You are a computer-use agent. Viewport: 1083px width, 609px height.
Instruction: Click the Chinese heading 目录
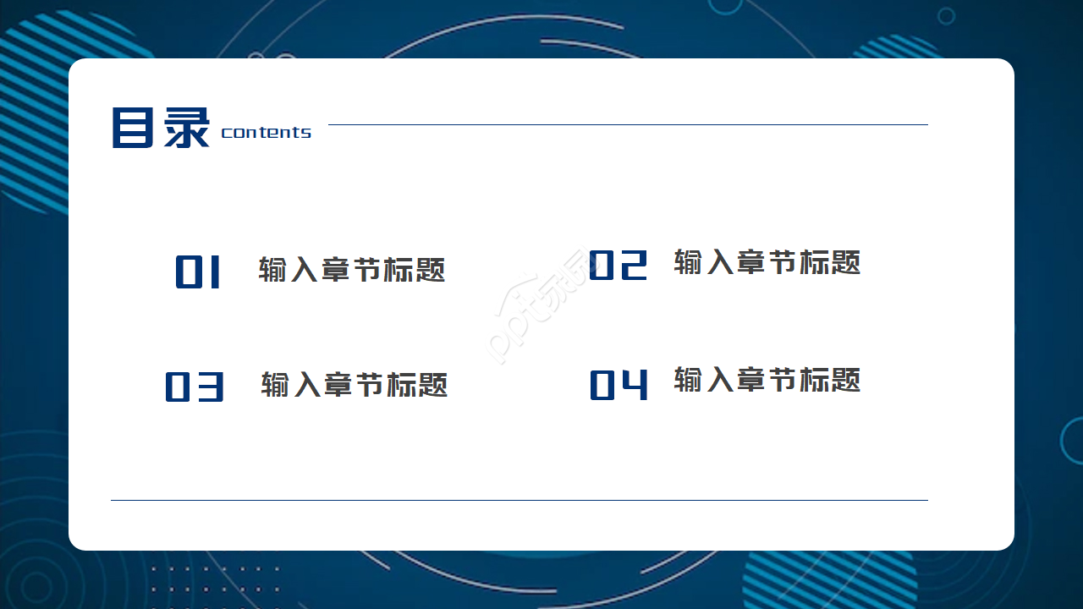click(x=161, y=128)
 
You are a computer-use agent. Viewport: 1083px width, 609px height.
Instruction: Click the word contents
click(x=266, y=133)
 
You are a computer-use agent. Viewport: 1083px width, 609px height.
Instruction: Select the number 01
click(x=198, y=272)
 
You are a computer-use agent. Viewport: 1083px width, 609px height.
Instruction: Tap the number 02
click(x=618, y=265)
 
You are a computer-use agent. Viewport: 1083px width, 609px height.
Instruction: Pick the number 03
click(x=195, y=387)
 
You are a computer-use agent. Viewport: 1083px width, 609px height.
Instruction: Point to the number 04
click(x=618, y=385)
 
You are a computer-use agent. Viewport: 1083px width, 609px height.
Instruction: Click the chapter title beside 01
click(x=351, y=270)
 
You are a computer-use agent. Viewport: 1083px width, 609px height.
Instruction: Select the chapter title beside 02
click(x=767, y=262)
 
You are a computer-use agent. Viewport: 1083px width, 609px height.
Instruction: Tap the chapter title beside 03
click(x=355, y=385)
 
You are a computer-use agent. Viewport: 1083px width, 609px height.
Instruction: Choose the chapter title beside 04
click(x=767, y=380)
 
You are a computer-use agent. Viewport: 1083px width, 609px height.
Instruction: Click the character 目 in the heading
click(x=133, y=128)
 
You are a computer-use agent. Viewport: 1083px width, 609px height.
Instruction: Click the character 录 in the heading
click(x=187, y=128)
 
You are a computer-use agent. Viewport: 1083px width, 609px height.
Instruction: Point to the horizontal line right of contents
click(x=628, y=124)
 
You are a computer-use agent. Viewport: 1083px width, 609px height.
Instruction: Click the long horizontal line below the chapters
click(x=520, y=500)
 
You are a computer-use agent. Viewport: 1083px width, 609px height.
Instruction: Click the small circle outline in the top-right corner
click(x=946, y=16)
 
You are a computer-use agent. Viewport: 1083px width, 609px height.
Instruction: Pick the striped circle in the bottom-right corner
click(x=828, y=581)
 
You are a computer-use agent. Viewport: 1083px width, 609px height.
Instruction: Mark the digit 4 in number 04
click(x=635, y=385)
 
